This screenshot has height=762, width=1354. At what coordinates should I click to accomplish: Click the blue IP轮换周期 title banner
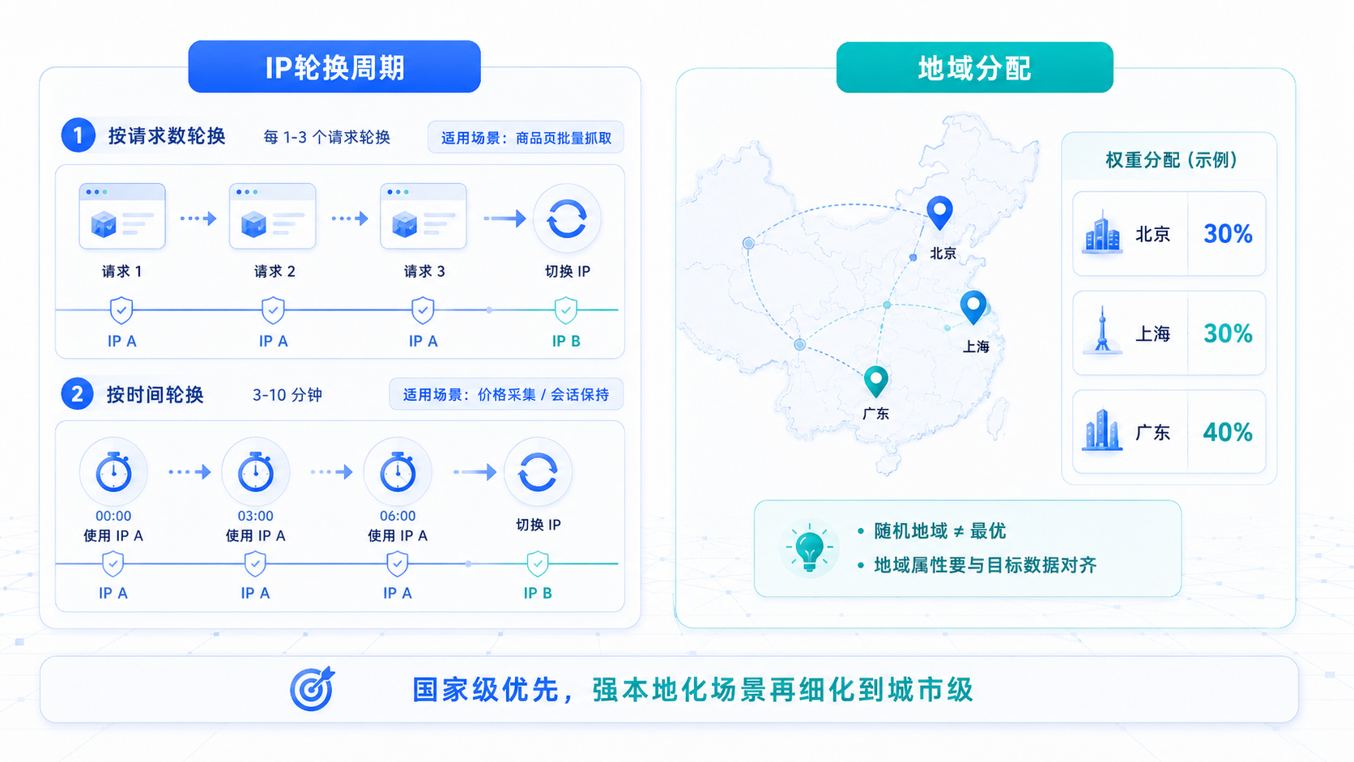(334, 66)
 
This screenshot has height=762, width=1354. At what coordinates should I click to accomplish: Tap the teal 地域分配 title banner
(974, 67)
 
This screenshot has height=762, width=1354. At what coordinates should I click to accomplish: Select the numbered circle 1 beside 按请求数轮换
(78, 134)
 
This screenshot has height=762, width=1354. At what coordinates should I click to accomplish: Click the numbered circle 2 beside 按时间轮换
(78, 394)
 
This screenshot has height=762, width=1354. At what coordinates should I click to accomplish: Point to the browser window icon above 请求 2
(273, 215)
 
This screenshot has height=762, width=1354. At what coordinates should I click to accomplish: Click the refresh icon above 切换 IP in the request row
(566, 218)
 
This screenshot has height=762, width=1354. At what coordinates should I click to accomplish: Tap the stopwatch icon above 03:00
(256, 471)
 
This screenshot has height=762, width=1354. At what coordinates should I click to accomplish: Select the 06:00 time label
(398, 516)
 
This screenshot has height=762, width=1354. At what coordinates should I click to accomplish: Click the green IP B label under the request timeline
(566, 342)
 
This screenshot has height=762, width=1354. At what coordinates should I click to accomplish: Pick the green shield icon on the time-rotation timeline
(538, 564)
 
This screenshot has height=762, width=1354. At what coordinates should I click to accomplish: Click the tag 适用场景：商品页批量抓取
(526, 138)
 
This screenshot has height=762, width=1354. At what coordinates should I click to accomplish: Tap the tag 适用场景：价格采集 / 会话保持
(506, 394)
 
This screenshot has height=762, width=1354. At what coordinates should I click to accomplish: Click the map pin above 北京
(940, 212)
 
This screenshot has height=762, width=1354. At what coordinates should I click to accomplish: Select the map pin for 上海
(973, 306)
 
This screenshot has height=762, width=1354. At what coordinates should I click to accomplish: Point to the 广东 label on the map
(876, 414)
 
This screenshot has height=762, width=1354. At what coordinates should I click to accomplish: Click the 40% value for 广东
(1228, 432)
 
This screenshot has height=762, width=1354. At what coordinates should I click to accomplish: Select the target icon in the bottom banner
(313, 689)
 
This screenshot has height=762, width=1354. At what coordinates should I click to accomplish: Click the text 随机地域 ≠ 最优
(940, 531)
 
